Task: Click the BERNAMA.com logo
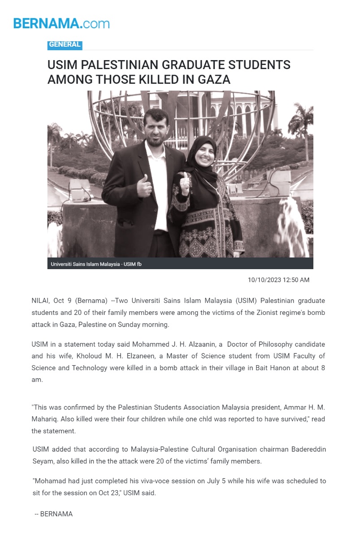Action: click(61, 23)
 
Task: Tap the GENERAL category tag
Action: click(65, 44)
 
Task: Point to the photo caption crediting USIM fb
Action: click(96, 264)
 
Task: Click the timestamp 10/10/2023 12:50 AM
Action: click(278, 280)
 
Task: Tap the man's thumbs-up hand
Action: click(144, 184)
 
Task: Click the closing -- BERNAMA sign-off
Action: click(54, 514)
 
